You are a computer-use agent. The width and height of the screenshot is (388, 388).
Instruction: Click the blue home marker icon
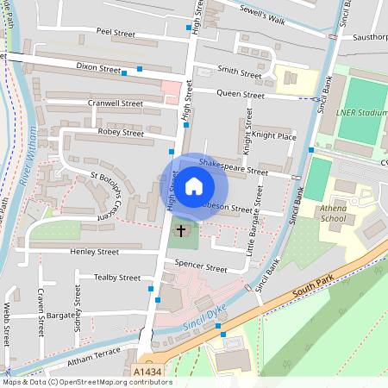[194, 185]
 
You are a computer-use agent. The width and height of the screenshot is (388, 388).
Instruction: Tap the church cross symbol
[181, 231]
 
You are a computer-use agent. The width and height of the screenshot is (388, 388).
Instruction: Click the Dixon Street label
[97, 66]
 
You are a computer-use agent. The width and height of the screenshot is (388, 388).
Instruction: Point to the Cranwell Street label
[116, 103]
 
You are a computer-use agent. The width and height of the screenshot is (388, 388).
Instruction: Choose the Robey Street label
[122, 133]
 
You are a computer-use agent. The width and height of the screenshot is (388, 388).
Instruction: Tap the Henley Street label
[95, 252]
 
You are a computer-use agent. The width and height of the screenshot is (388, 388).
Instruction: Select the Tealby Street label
[117, 278]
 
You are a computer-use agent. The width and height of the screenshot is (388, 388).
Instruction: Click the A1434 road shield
[147, 372]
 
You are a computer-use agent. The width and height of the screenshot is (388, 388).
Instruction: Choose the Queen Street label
[241, 95]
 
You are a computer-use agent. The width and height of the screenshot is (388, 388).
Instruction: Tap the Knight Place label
[274, 136]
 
